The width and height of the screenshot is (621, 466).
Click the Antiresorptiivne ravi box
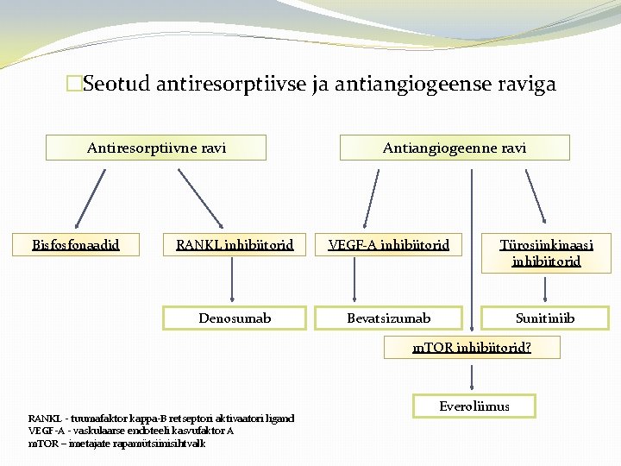[x=156, y=148]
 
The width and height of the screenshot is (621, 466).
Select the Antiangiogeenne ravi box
[x=455, y=148]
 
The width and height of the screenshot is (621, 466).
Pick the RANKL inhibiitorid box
[x=235, y=245]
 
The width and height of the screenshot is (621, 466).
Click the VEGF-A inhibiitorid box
[x=389, y=245]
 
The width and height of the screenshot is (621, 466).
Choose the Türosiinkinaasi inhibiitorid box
[x=546, y=252]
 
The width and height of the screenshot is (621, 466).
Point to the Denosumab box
[x=235, y=318]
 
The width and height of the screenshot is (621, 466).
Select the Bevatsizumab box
[x=389, y=318]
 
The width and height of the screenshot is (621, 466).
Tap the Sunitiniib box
[x=546, y=318]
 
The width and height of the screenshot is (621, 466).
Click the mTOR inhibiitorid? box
[x=472, y=348]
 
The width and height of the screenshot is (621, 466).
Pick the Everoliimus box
[x=474, y=406]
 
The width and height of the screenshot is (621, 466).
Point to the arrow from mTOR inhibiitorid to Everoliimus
[x=472, y=376]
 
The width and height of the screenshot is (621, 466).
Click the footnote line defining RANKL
[x=161, y=419]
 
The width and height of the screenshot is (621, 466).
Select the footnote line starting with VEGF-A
[x=131, y=431]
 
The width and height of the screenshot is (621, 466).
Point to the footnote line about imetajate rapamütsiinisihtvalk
[x=117, y=443]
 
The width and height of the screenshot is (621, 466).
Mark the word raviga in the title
[x=523, y=85]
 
